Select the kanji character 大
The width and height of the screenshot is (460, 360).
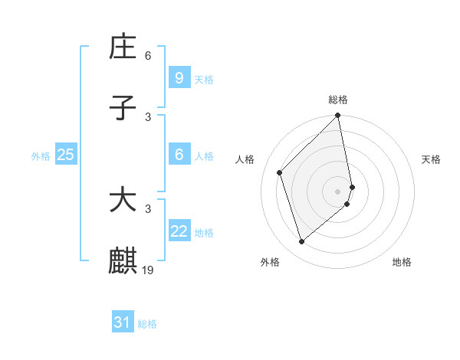coord(123,201)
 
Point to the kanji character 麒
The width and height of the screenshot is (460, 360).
coord(123,261)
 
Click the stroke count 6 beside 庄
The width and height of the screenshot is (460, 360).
coord(148,56)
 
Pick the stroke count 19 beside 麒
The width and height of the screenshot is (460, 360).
coord(149,270)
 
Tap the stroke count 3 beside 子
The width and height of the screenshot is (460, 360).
coord(148,116)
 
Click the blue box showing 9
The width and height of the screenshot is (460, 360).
coord(179,77)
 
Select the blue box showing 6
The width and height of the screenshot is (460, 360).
coord(179,155)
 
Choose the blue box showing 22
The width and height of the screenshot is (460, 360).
coord(179,231)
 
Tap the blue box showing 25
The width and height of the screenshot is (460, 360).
coord(65,155)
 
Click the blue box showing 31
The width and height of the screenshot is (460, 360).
coord(122,322)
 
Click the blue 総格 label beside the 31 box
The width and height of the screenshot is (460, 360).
coord(147,324)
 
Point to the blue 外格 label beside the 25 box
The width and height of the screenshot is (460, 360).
coord(41,156)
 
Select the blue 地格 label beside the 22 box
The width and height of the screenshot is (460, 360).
coord(204,233)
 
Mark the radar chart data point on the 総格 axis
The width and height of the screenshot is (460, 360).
coord(338,116)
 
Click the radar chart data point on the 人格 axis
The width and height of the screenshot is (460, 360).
coord(280,172)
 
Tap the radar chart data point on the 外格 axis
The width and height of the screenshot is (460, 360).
coord(301,242)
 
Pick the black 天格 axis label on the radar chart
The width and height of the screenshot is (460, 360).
coord(432,159)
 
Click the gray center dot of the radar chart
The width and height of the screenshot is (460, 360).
coord(338,191)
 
